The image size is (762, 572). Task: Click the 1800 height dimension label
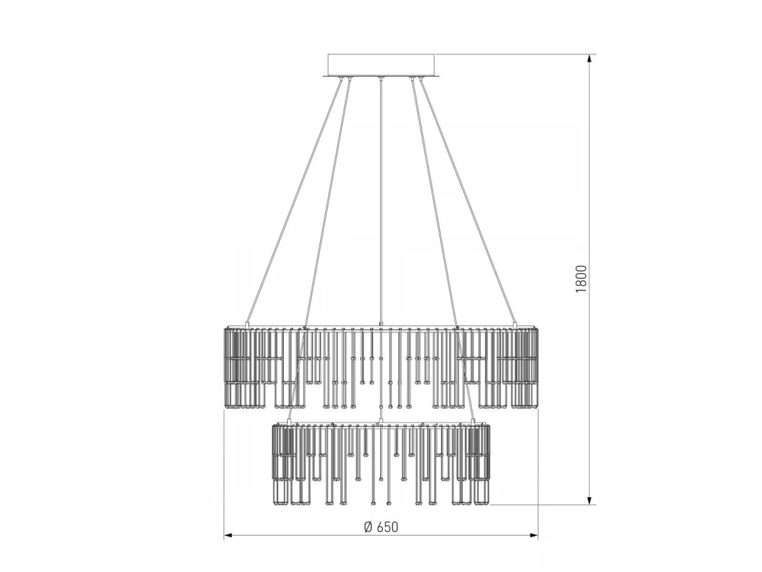581,279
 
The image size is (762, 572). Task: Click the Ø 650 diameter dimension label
381,527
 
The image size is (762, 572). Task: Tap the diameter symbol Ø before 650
368,527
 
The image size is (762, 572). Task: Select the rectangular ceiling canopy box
381,65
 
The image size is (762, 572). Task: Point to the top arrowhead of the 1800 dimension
589,59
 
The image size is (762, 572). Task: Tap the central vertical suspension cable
381,201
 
